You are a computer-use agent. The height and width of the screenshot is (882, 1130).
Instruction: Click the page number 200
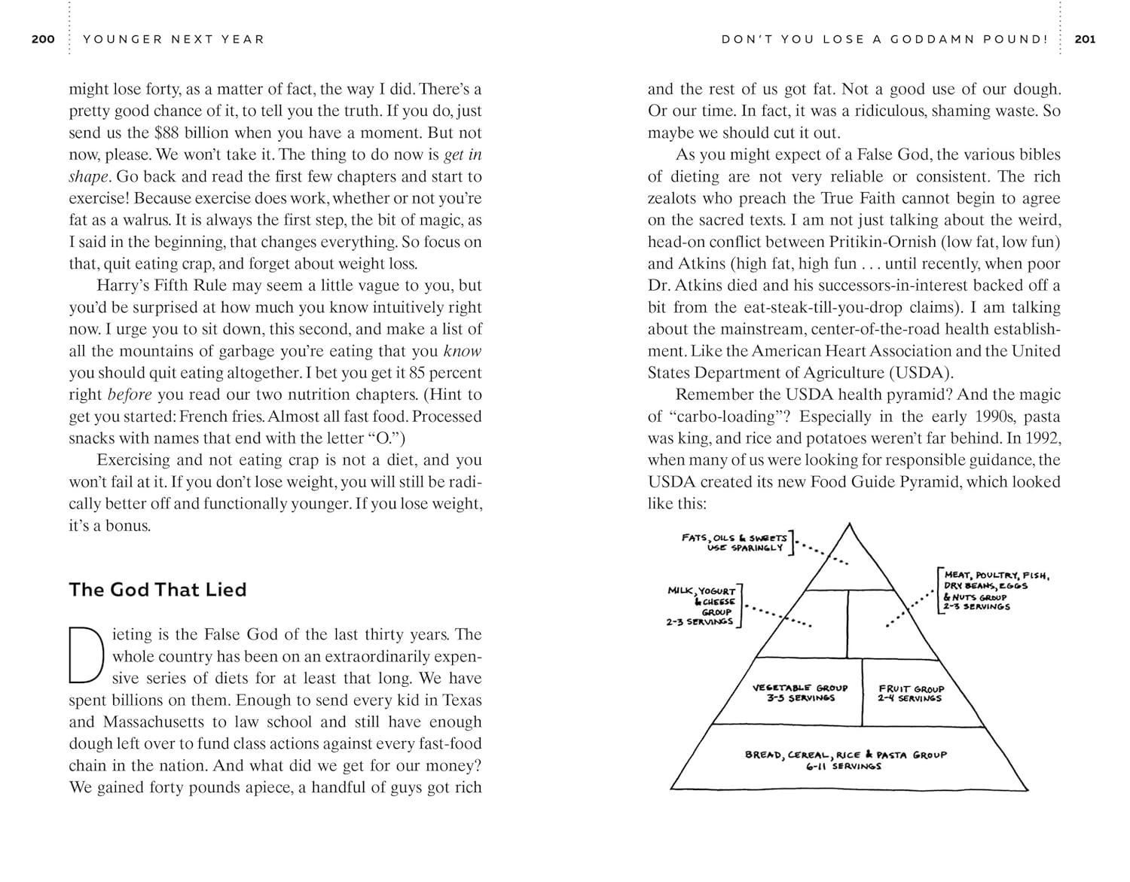pos(43,39)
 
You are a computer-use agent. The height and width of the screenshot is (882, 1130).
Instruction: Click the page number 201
pos(1085,39)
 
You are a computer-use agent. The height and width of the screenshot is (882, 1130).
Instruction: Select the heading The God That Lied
pos(157,590)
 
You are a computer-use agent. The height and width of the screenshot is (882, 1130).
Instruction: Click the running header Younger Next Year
pos(174,39)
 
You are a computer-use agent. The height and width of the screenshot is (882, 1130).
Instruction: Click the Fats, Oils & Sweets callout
pos(734,542)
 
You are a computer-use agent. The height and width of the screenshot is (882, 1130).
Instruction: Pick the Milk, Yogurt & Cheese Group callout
pos(701,606)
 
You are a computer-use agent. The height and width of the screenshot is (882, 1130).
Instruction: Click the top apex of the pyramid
pos(850,525)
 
